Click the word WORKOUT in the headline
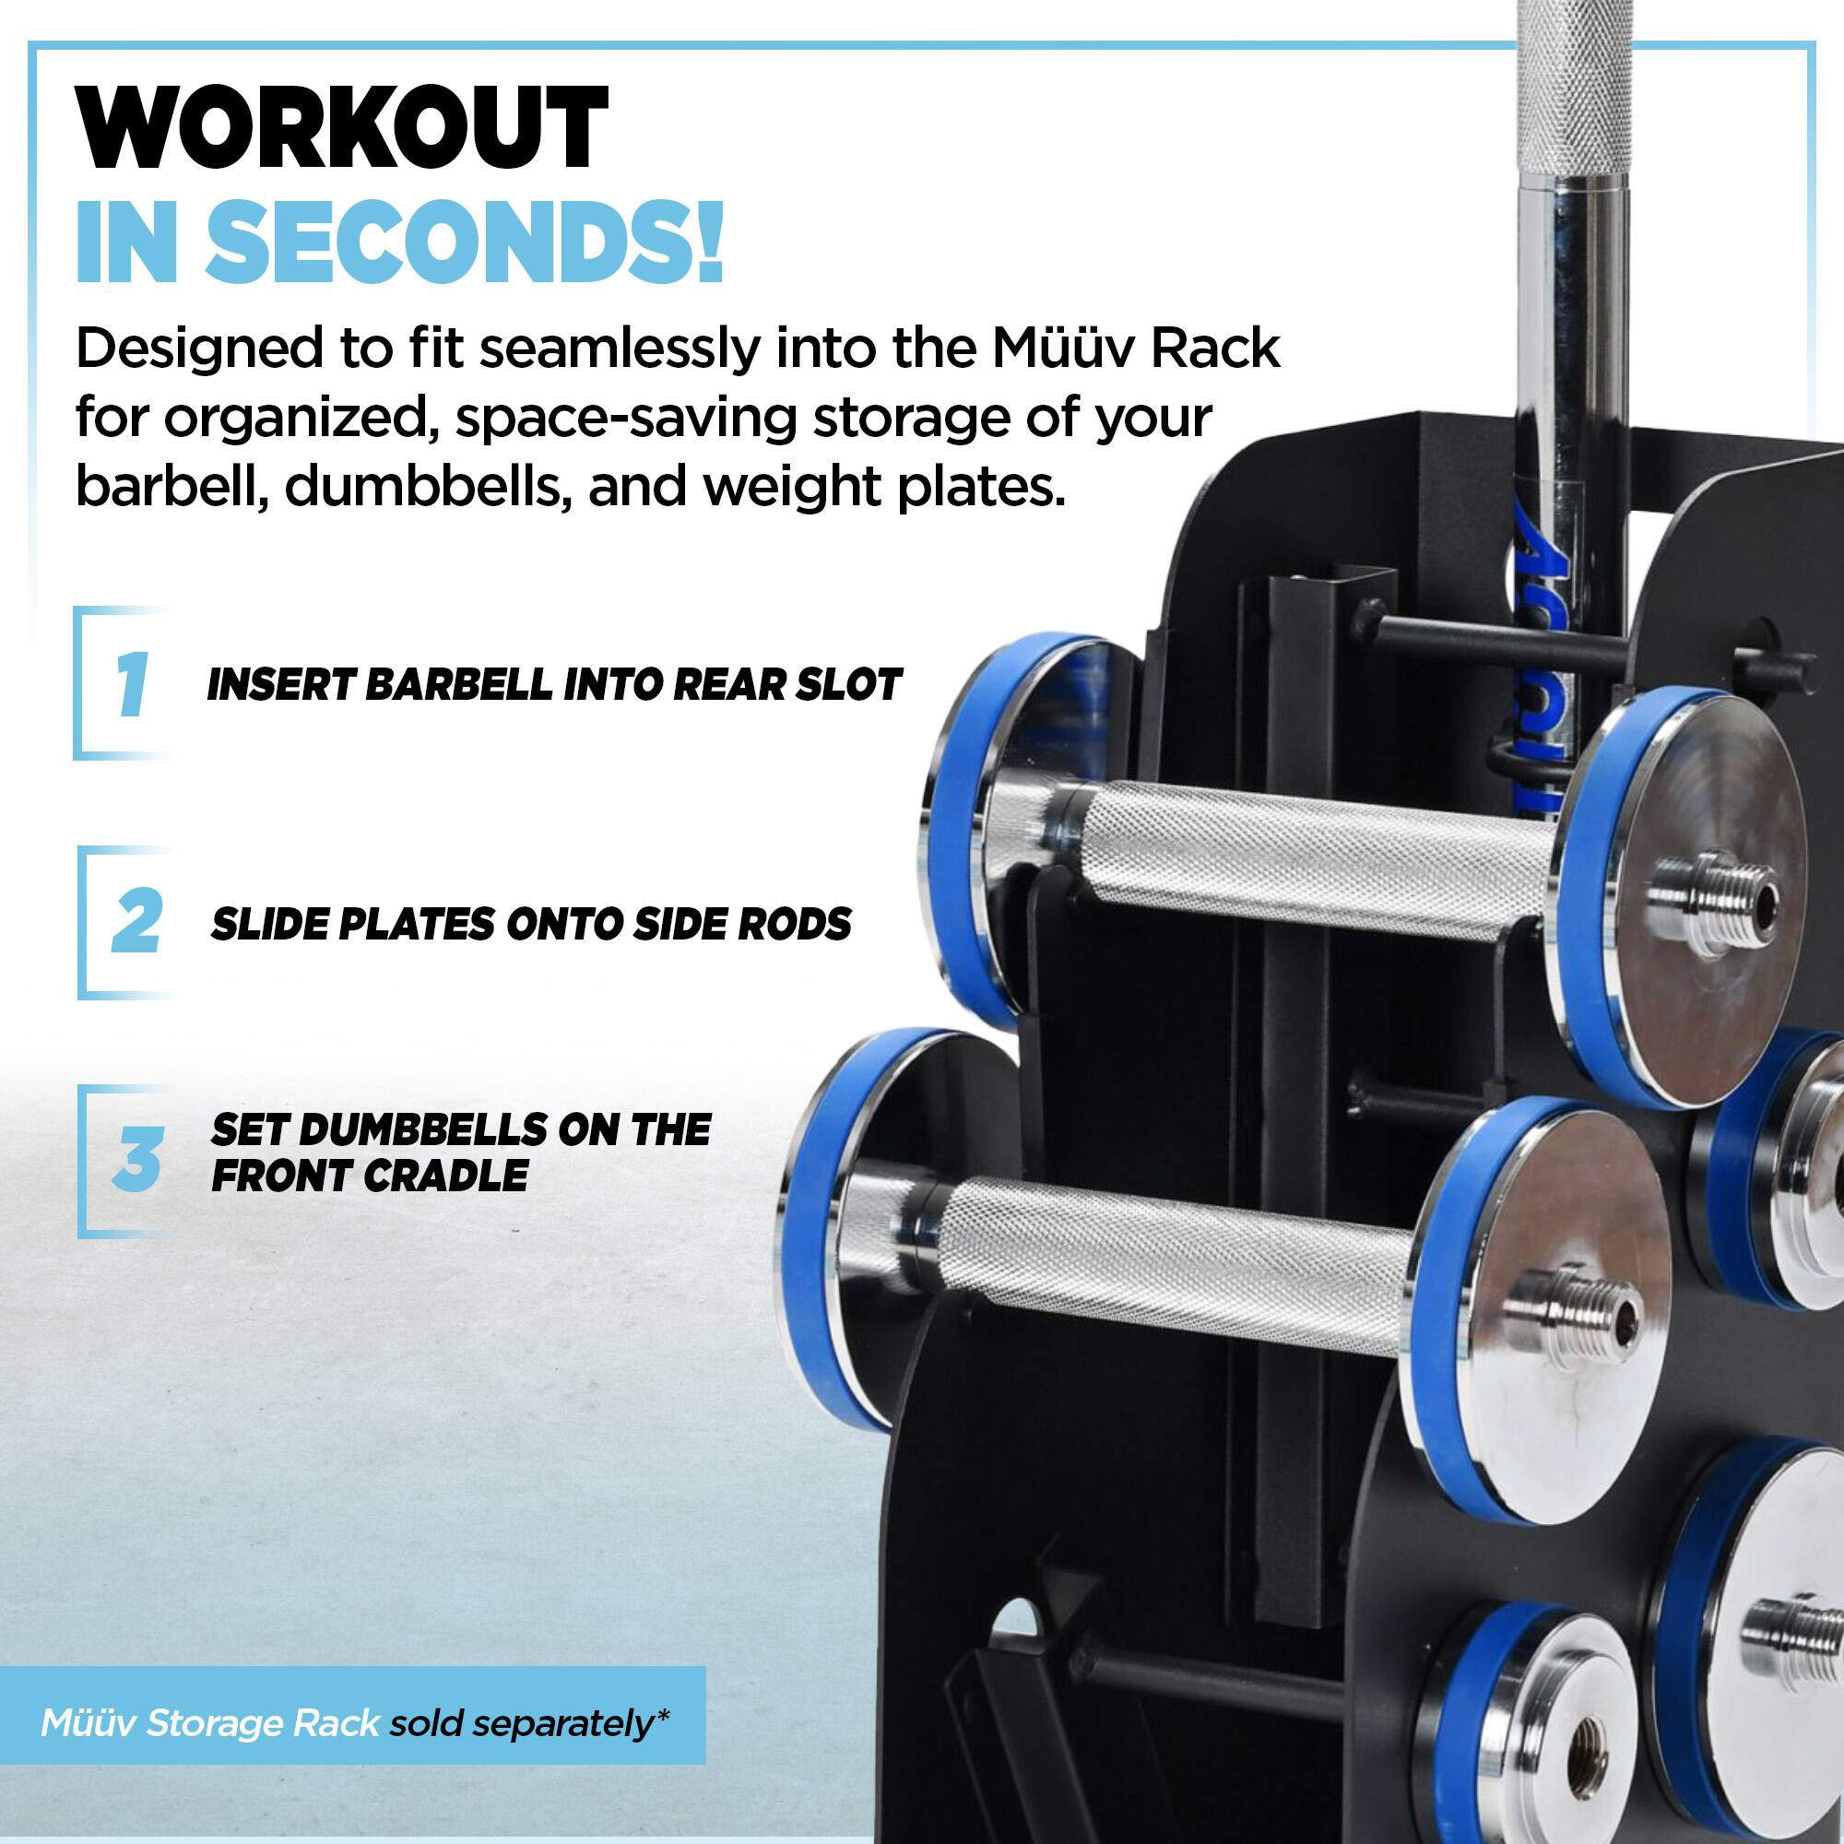341,129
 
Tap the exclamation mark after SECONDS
708,241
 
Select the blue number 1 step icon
131,683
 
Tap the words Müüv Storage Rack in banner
209,1724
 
